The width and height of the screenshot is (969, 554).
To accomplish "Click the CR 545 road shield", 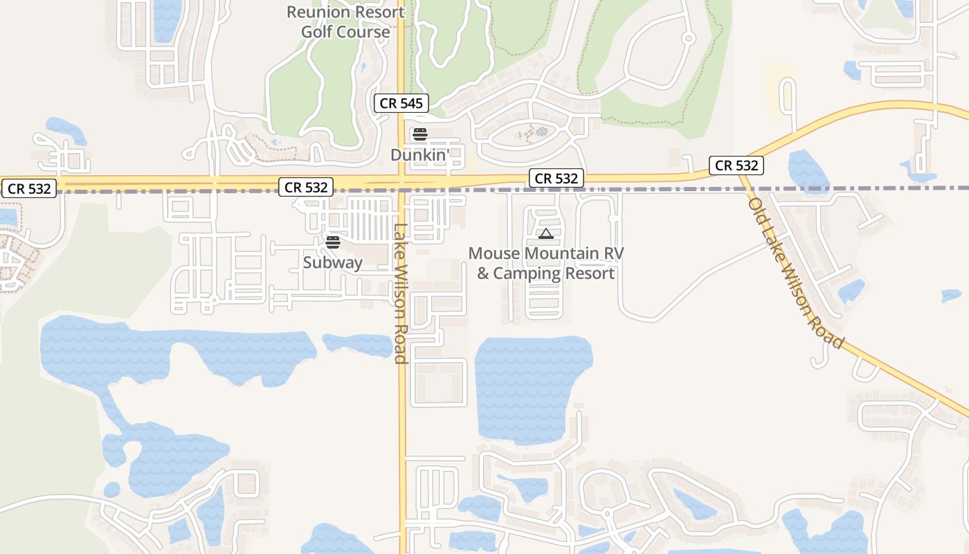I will (401, 104).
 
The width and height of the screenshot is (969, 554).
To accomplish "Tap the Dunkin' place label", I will (420, 154).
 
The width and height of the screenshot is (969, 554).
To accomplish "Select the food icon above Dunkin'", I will (420, 134).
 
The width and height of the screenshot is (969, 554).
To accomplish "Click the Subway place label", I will (333, 262).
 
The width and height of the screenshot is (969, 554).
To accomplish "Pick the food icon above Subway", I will (333, 242).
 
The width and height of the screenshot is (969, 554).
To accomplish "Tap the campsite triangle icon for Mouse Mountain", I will (546, 234).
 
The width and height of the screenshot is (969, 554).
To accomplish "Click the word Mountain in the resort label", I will (561, 253).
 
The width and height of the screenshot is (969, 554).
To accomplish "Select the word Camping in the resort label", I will (532, 273).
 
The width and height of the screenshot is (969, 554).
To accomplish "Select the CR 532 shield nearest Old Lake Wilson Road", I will (736, 166).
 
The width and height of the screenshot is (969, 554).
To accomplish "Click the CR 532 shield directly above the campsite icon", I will (556, 178).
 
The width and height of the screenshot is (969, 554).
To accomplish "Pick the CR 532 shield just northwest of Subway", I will (306, 187).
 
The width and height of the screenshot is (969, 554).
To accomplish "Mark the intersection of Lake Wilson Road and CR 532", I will (401, 182).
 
